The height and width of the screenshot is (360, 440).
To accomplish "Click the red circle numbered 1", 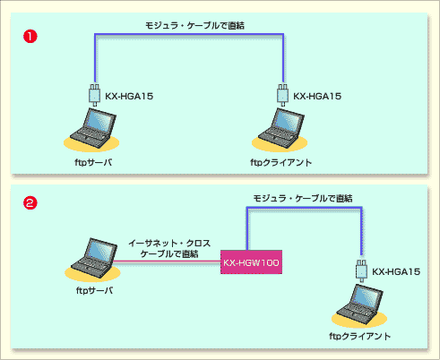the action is coord(30,37).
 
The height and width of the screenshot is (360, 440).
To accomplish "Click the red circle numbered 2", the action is coord(30,203).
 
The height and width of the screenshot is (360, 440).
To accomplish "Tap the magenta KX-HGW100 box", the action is coord(251,262).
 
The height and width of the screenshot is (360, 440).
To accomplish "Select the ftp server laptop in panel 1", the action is coord(92,128).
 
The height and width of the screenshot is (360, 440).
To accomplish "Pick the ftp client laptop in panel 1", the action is coord(280,128).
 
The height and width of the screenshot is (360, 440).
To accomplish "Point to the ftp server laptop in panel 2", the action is coord(94,258).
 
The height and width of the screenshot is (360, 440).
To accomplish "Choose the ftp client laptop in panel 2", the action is coord(359,304).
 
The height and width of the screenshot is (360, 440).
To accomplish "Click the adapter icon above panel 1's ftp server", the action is coord(95,95).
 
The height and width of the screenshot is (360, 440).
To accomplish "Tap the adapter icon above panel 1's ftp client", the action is coord(283,95).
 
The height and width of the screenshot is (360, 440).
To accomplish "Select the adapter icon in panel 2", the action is coord(361,270).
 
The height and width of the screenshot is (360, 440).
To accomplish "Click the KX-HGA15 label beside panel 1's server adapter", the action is coord(129,96).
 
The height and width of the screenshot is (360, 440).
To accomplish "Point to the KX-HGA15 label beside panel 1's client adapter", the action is coord(317,96).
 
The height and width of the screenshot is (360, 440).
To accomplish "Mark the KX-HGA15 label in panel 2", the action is coord(396,271).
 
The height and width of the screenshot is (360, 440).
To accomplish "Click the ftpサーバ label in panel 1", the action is coord(93,162).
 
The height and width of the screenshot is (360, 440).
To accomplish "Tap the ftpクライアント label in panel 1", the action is coord(280,162).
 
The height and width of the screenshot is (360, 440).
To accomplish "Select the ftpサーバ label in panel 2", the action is coord(94,290).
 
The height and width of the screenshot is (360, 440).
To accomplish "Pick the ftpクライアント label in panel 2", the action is coord(359,336).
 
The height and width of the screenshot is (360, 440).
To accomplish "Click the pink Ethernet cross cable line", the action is coord(167,262).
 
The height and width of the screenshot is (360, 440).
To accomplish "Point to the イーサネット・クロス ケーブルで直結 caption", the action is coord(169,248).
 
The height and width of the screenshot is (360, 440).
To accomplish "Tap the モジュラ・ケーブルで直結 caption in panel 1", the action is coord(194,26).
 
